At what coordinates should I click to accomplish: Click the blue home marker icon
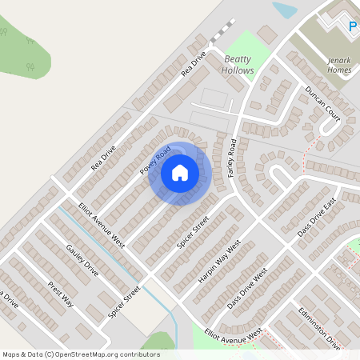pyautogui.click(x=180, y=173)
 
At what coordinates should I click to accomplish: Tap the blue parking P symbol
pyautogui.click(x=353, y=27)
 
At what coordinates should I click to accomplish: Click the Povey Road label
pyautogui.click(x=156, y=160)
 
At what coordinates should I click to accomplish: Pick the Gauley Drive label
pyautogui.click(x=82, y=260)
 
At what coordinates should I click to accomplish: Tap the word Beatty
pyautogui.click(x=238, y=59)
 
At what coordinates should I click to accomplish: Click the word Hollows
pyautogui.click(x=238, y=70)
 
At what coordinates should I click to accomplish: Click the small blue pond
pyautogui.click(x=284, y=10)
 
